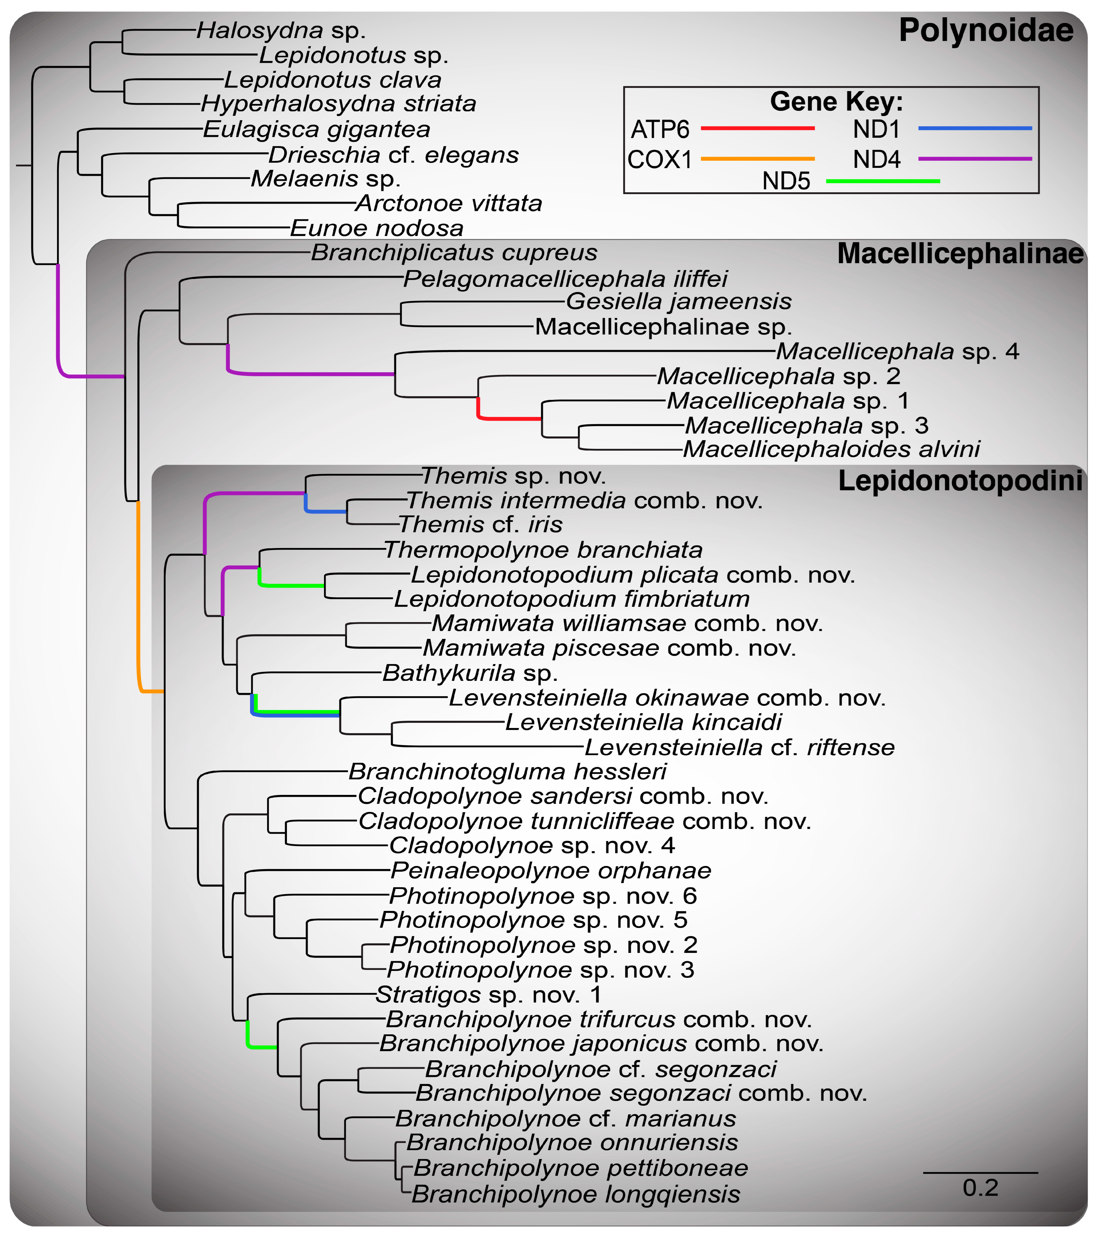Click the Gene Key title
[x=836, y=101]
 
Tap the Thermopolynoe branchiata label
[x=543, y=550]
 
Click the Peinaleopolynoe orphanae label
[x=550, y=870]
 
